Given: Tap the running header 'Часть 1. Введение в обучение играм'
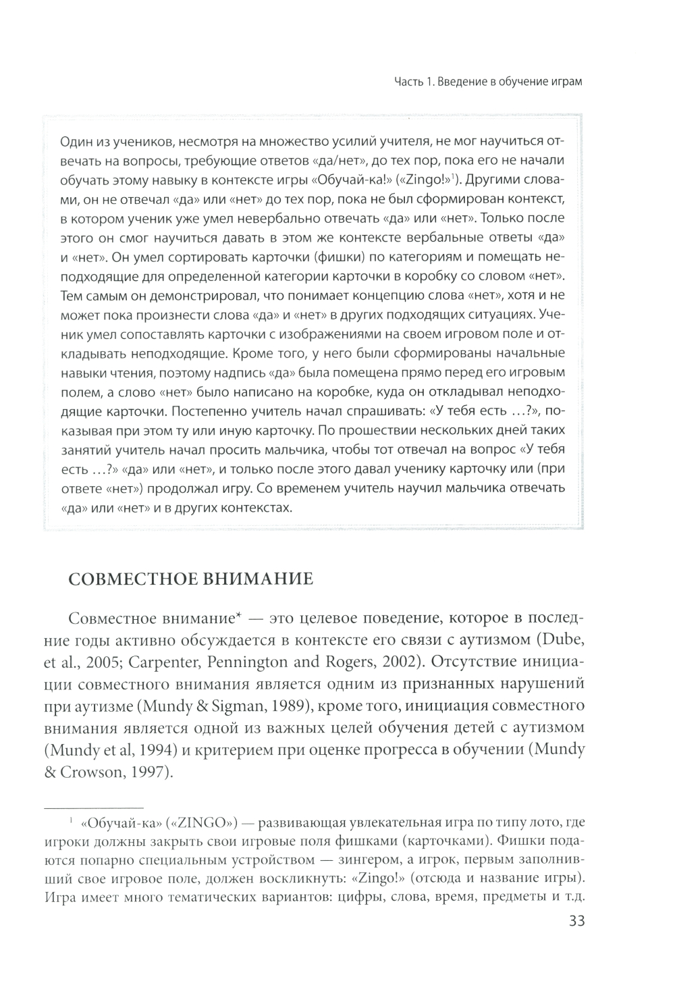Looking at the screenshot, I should coord(488,82).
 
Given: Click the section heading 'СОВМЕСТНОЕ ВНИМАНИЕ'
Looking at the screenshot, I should coord(192,579).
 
